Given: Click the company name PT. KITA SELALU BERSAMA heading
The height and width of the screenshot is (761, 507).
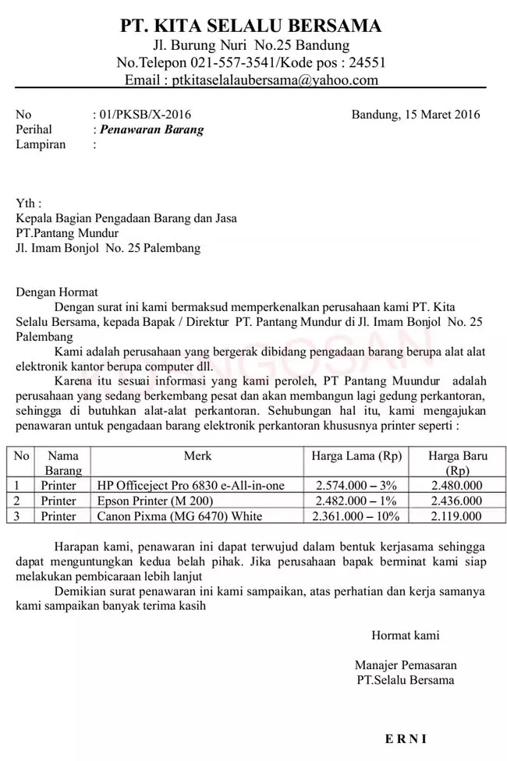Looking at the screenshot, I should click(x=251, y=26).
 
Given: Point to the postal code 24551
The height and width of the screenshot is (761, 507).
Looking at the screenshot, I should click(x=367, y=62).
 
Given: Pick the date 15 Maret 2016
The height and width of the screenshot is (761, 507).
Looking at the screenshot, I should click(x=436, y=115).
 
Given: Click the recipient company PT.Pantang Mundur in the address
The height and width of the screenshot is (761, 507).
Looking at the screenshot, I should click(x=68, y=233).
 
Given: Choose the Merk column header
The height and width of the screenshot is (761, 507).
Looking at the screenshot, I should click(x=197, y=455).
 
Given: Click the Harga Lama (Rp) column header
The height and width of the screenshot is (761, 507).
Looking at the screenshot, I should click(x=356, y=455).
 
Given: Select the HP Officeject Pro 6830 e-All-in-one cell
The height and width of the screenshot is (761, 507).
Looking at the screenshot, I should click(x=191, y=486).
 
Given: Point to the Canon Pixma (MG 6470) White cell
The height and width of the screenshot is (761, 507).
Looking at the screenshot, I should click(x=180, y=516).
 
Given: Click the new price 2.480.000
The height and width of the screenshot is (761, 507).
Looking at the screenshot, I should click(x=456, y=486).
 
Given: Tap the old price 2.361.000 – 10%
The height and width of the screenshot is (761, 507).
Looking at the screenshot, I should click(x=356, y=516).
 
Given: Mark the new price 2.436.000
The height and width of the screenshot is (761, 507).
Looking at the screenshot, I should click(x=456, y=501).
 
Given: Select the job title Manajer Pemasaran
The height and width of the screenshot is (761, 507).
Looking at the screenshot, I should click(x=406, y=665).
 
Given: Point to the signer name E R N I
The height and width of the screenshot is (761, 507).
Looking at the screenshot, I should click(x=406, y=738).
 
